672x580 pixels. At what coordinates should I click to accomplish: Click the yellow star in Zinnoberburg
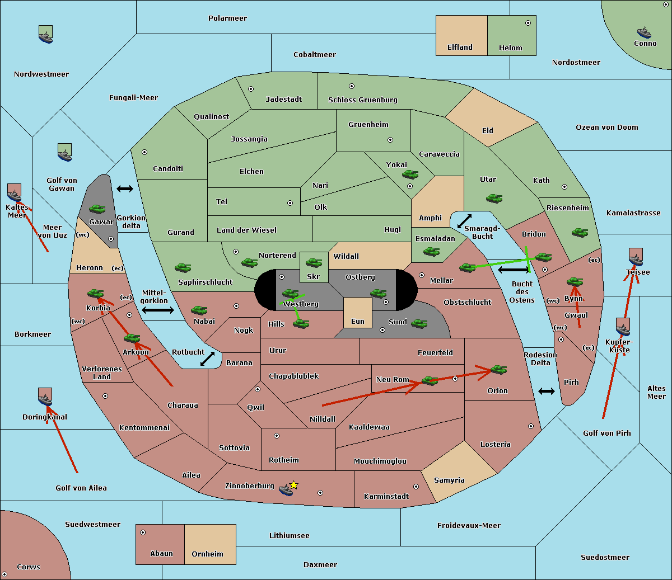coord(293,485)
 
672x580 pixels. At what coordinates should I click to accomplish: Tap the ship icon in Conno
coord(644,32)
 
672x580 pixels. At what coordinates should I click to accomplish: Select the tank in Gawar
coord(97,209)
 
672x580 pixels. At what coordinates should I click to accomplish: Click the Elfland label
coord(460,48)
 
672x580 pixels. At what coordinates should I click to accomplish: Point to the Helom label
coord(511,48)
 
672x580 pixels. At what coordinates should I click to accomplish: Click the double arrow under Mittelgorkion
coord(157,310)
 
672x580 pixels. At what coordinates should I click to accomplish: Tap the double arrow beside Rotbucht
coord(208,359)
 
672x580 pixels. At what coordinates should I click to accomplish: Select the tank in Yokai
coord(410,175)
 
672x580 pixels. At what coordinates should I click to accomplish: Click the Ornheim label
coord(207,554)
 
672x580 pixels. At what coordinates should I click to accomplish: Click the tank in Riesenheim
coord(580,232)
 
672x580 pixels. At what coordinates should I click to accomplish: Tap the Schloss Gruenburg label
coord(362,100)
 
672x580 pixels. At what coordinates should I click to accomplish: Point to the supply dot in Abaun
coord(143,532)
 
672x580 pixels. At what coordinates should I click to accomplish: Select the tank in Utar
coord(494,198)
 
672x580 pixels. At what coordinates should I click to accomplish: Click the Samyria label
coord(449,480)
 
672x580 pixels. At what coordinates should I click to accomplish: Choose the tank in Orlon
coord(498,369)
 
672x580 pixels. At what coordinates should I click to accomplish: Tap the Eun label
coord(358,322)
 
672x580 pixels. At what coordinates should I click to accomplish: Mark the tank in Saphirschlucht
coord(183,268)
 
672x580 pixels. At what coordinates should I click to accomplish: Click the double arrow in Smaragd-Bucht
coord(465,221)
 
